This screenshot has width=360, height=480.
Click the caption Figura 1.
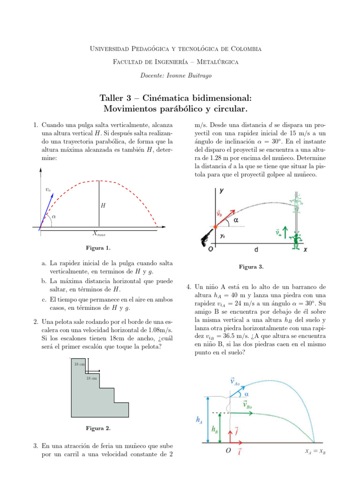tap(98, 247)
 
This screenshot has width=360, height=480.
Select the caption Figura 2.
tap(98, 428)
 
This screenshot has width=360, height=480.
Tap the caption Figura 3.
tap(251, 267)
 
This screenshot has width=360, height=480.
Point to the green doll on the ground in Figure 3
tap(295, 240)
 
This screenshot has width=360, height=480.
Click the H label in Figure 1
tap(103, 205)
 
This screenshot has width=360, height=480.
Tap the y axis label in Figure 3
tap(221, 191)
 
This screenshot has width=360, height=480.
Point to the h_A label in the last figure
tap(199, 420)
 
